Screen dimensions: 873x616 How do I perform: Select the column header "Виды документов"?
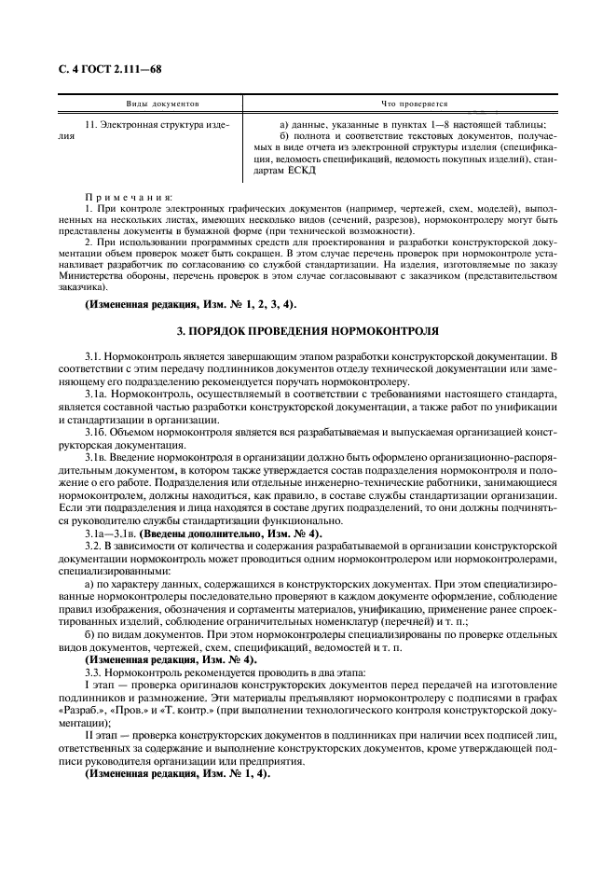tap(163, 104)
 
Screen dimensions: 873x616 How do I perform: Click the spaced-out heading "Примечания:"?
tap(129, 196)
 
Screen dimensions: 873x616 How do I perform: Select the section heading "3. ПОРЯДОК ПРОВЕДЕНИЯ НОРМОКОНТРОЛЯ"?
tap(308, 331)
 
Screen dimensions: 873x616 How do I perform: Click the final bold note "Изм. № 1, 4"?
tap(177, 774)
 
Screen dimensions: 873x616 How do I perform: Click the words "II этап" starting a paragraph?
tap(101, 736)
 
